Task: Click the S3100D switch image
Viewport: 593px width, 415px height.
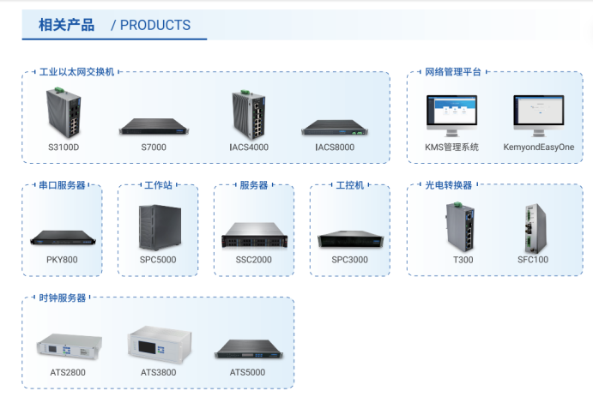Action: tap(64, 112)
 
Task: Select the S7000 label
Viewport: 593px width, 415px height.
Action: tap(154, 147)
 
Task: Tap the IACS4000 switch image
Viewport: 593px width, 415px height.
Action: tap(249, 114)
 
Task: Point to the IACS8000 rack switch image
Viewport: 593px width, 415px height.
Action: tap(335, 128)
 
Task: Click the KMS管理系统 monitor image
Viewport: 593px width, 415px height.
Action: tap(452, 116)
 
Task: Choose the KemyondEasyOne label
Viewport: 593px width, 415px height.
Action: tap(539, 147)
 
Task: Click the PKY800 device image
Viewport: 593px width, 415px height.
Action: tap(63, 238)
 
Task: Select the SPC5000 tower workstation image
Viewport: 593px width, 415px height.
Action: tap(160, 226)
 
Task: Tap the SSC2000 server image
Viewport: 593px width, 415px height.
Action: tap(254, 235)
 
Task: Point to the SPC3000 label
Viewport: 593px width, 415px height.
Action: tap(350, 260)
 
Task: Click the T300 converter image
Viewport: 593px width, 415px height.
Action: tap(460, 226)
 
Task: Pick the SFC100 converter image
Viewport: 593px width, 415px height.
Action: tap(536, 228)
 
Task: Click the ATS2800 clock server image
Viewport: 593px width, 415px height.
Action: tap(70, 346)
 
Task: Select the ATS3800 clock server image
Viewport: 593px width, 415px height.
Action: tap(160, 345)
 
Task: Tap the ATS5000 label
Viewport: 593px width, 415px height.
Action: tap(247, 372)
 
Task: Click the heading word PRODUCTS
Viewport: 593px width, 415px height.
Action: tap(155, 26)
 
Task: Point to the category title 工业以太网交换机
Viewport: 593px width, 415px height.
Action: tap(76, 72)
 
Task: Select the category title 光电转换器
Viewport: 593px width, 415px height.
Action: tap(449, 185)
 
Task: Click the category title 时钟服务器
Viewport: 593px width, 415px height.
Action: tap(63, 298)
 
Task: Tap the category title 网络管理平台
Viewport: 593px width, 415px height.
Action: tap(453, 72)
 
